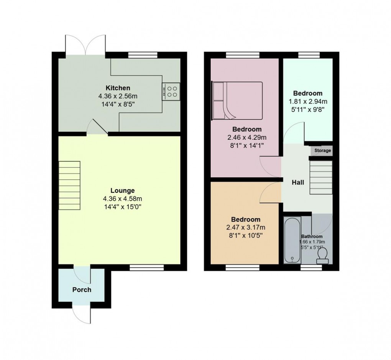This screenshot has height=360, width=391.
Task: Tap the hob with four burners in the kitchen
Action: (x=171, y=91)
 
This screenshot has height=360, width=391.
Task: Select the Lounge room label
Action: (x=122, y=190)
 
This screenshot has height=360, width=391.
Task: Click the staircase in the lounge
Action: (x=69, y=185)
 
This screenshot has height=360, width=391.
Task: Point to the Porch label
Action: (x=82, y=289)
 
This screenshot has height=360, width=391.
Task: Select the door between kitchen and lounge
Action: (x=97, y=127)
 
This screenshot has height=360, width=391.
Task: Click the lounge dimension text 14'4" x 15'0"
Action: (x=123, y=206)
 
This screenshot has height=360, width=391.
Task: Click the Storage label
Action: (x=322, y=150)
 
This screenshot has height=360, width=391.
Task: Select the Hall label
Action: (x=298, y=182)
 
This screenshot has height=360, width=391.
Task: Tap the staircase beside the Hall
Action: (x=320, y=178)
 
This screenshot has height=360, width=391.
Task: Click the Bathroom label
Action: (x=312, y=236)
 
